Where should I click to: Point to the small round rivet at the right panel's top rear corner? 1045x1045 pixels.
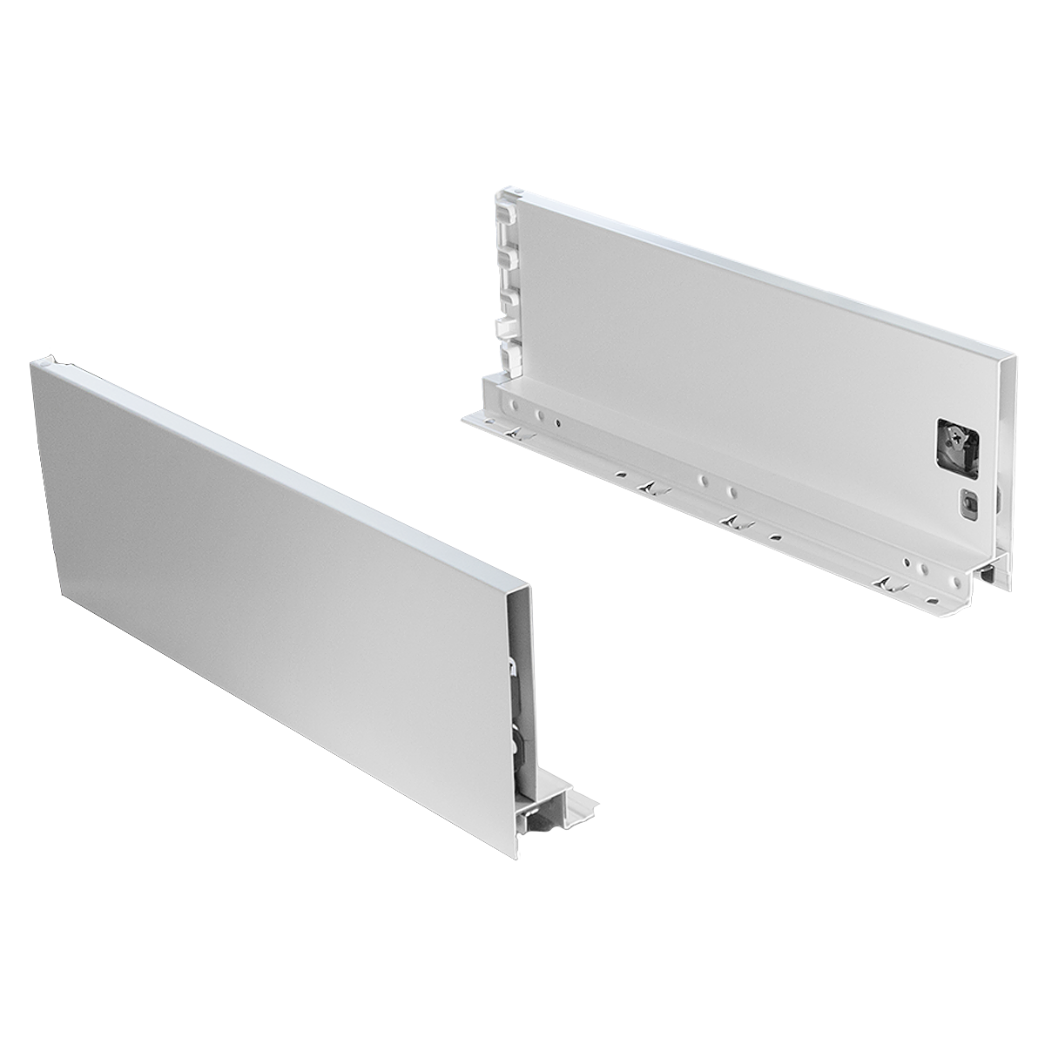[x=516, y=187]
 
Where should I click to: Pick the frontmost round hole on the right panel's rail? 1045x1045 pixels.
[x=921, y=566]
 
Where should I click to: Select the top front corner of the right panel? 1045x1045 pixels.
[x=1014, y=357]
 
